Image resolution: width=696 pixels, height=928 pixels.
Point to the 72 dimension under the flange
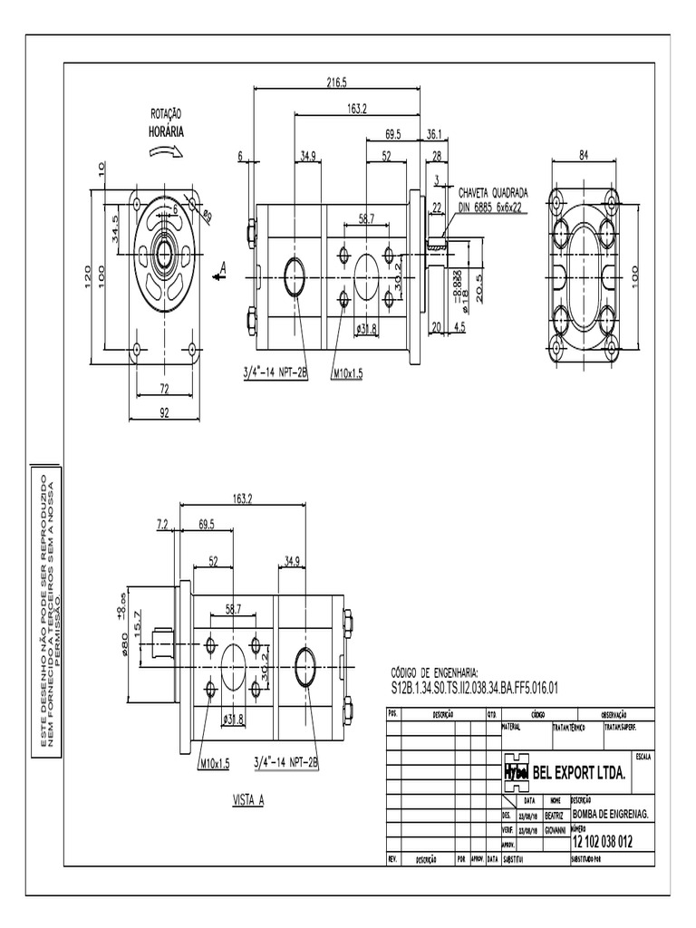coord(164,389)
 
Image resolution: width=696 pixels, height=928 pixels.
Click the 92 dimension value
coord(164,412)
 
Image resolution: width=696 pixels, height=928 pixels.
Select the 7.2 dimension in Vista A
coord(163,523)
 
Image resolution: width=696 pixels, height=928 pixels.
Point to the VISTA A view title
coord(247,801)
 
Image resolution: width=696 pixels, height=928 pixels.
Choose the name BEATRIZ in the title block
coord(556,814)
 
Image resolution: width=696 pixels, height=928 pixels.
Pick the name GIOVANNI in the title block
coord(556,828)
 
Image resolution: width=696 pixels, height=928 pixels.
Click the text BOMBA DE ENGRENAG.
coord(612,814)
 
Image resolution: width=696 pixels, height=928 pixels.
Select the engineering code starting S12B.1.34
coord(474,688)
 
